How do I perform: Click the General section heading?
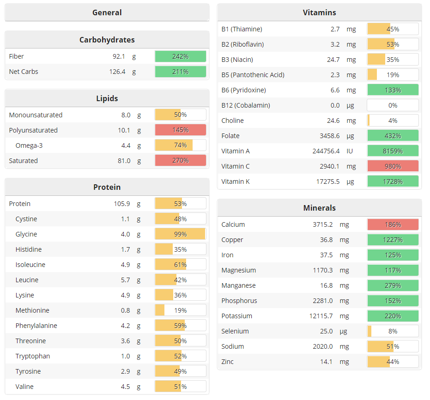pos(107,12)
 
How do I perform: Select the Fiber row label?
pos(17,56)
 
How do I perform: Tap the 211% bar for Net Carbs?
pos(180,72)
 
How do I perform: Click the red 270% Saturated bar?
pos(180,161)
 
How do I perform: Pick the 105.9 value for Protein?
pos(122,204)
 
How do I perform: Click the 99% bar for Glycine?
pos(180,234)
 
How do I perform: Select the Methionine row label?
pos(32,310)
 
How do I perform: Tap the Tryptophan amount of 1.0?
pos(126,356)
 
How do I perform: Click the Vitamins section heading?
pos(319,12)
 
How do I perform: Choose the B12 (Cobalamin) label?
pos(246,105)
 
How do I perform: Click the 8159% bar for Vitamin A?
pos(393,151)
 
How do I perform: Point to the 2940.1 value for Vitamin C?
pos(329,166)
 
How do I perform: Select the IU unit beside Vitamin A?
pos(350,151)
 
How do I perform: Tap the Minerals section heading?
pos(319,208)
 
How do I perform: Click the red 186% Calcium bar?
pos(393,224)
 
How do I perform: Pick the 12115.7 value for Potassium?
pos(325,316)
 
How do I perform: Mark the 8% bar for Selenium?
pos(393,331)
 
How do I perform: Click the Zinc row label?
pos(228,362)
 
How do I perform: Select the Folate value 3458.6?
pos(330,136)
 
